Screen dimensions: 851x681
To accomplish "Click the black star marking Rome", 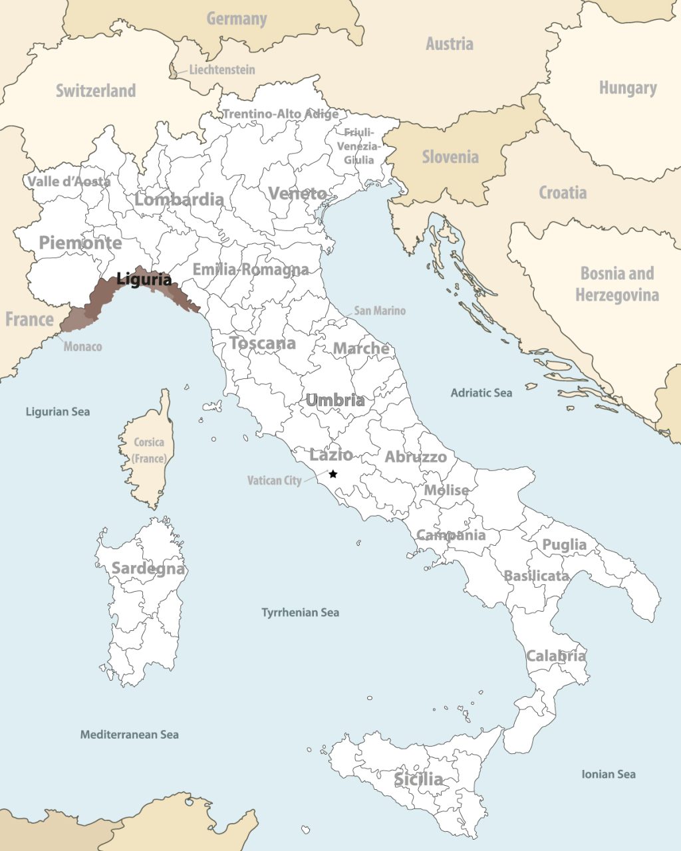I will pos(333,474).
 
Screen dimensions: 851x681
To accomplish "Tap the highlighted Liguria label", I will pos(144,279).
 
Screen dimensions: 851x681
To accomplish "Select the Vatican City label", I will pos(274,480).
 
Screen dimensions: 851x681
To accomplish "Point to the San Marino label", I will pos(379,310).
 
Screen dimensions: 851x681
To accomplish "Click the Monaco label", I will pos(82,346).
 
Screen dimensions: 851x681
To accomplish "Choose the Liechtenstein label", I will pos(221,69).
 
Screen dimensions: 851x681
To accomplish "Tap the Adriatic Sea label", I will pos(481,393).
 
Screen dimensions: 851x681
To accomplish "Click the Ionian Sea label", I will pos(608,774).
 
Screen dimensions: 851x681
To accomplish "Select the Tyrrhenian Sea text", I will pos(300,612).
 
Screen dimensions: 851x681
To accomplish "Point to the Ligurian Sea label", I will pos(57,412).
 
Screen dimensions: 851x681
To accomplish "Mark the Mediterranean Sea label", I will pos(129,735).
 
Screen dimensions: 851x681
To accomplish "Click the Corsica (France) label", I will pos(149,450).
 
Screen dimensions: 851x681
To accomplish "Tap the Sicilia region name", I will pos(418,779).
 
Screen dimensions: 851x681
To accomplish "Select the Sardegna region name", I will pos(148,568).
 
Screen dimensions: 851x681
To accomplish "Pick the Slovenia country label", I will pos(450,157).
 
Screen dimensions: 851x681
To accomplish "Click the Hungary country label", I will pos(627,88).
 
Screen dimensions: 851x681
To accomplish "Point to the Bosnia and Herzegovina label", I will pos(617,284).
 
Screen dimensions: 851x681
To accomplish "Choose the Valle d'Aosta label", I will pos(68,181).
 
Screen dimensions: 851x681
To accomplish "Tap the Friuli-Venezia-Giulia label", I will pos(359,146).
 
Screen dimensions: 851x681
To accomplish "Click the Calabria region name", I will pos(556,656).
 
